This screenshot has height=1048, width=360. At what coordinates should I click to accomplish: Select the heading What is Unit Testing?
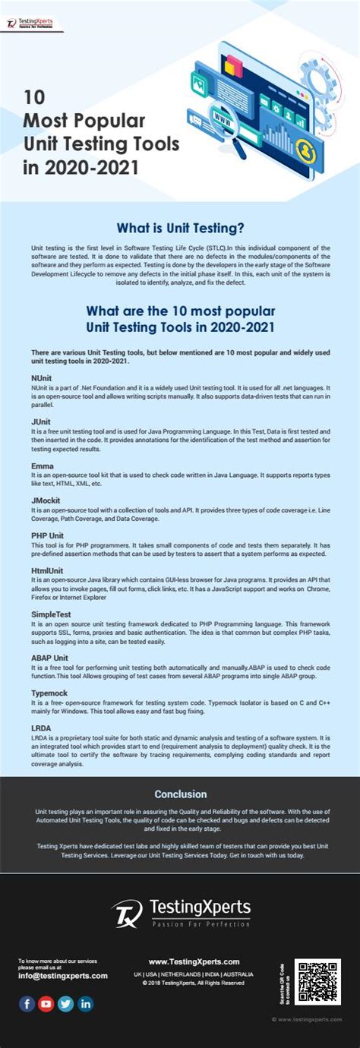pyautogui.click(x=180, y=227)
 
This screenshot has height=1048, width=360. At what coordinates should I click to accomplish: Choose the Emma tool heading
pyautogui.click(x=42, y=465)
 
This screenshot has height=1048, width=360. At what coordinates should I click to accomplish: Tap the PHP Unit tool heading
pyautogui.click(x=48, y=535)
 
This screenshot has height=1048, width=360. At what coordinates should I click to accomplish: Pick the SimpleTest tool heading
pyautogui.click(x=52, y=613)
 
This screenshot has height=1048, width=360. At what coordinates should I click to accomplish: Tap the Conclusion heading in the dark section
pyautogui.click(x=180, y=794)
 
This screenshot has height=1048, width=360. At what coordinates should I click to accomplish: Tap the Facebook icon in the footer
pyautogui.click(x=27, y=1004)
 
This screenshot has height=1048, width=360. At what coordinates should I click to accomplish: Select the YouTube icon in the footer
pyautogui.click(x=46, y=1004)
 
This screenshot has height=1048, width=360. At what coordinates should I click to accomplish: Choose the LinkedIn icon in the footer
pyautogui.click(x=86, y=1004)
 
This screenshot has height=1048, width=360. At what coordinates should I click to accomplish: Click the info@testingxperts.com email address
pyautogui.click(x=63, y=976)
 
